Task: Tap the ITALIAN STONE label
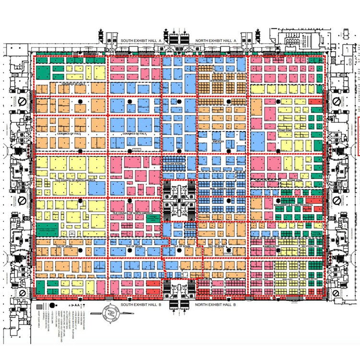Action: tap(174, 165)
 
